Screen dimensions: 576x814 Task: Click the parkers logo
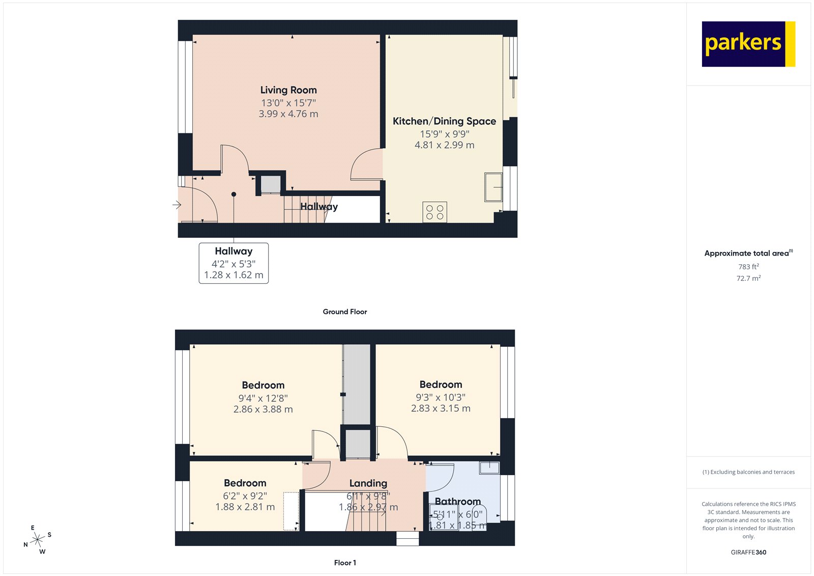[748, 44]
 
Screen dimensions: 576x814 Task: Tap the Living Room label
[288, 90]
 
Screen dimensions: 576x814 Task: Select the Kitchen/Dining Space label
[444, 121]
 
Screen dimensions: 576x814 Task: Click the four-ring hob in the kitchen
[434, 212]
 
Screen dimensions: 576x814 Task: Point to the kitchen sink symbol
[493, 187]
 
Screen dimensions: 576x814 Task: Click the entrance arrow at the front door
[177, 205]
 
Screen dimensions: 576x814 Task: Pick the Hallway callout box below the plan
[234, 263]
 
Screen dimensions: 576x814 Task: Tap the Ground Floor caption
[344, 312]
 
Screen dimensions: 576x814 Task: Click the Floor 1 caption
[345, 563]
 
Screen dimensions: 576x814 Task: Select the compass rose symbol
[37, 540]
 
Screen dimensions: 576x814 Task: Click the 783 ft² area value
[748, 267]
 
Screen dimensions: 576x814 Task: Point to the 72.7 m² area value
[748, 279]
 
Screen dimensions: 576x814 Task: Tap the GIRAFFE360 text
[748, 552]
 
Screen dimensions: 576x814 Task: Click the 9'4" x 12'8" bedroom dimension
[263, 398]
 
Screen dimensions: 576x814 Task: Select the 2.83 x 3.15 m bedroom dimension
[441, 408]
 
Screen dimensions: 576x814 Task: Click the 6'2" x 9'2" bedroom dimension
[245, 496]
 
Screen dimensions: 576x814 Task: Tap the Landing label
[368, 483]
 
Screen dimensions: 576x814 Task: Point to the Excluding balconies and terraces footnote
[748, 472]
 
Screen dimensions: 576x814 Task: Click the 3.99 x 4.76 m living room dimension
[288, 114]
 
